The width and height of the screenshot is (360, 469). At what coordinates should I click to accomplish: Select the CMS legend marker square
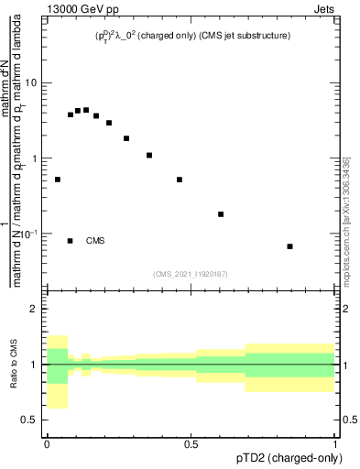[x=71, y=241]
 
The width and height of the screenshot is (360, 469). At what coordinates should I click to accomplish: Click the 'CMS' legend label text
[x=95, y=241]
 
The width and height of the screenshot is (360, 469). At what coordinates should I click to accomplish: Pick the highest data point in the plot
[x=86, y=110]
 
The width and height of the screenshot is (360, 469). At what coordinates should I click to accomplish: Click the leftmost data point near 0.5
[x=58, y=180]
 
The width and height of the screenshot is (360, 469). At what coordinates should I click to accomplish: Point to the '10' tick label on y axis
[x=30, y=83]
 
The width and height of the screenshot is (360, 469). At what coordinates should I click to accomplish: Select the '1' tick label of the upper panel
[x=34, y=159]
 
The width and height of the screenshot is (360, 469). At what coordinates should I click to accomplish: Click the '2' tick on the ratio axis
[x=34, y=310]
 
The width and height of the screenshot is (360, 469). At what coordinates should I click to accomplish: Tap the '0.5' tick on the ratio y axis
[x=28, y=420]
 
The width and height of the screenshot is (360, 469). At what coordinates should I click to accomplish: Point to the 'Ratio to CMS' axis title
[x=13, y=365]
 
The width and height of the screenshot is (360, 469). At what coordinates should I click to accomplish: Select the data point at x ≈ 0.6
[x=221, y=214]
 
